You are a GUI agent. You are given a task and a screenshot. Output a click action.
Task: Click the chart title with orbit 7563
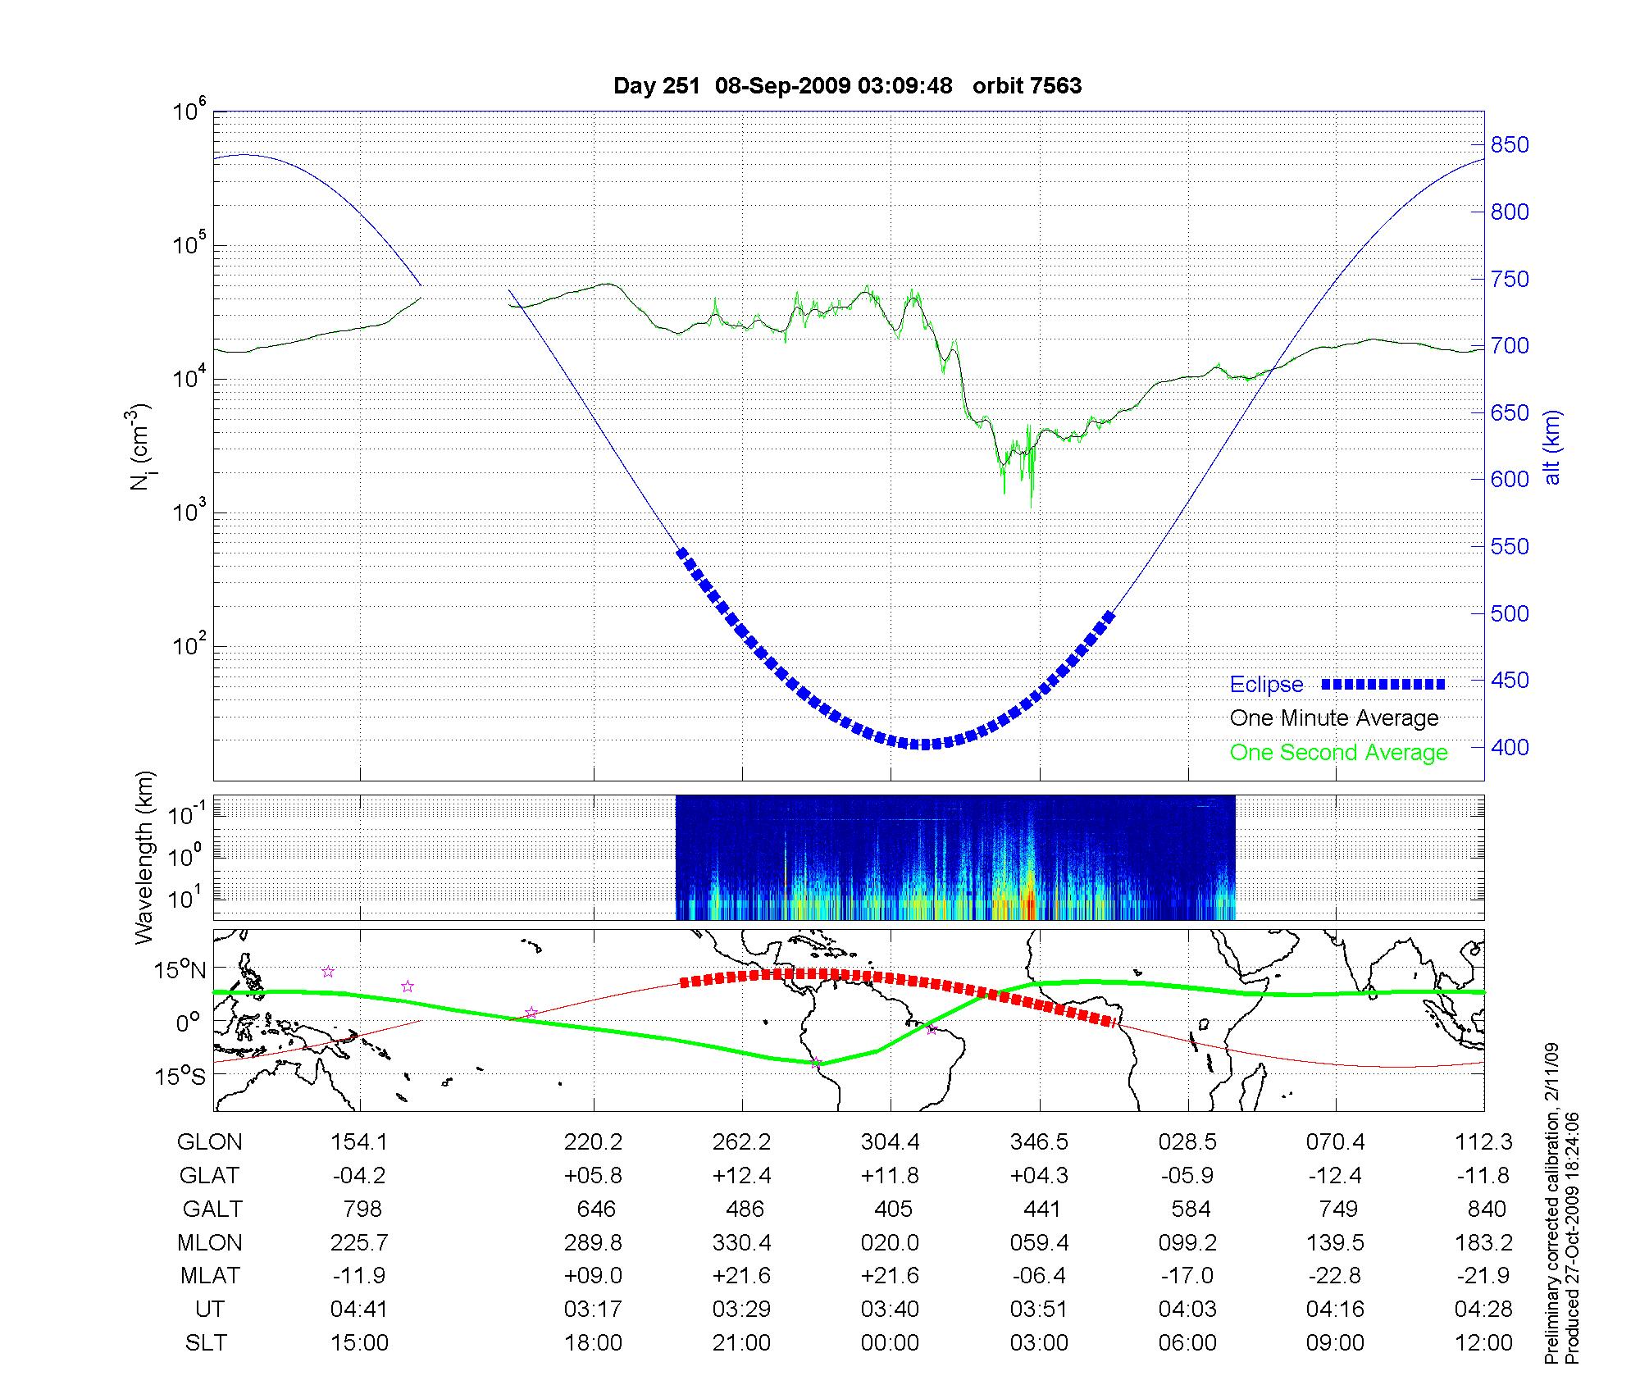coord(847,86)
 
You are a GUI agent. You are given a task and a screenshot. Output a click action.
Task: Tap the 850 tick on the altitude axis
coord(1510,145)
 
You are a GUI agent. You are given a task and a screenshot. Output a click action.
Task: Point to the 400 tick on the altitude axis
coord(1510,747)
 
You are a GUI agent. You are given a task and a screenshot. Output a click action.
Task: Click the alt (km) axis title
coord(1552,447)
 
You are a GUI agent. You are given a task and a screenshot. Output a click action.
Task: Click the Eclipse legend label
coord(1266,685)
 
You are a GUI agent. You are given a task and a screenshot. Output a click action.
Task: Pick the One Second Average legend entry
coord(1338,753)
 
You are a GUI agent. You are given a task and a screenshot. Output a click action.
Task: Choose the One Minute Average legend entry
coord(1334,718)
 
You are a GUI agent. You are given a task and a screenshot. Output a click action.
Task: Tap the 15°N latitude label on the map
coord(180,971)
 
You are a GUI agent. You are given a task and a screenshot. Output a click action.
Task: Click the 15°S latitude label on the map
coord(180,1076)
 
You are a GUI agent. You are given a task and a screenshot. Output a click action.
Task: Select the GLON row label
coord(209,1142)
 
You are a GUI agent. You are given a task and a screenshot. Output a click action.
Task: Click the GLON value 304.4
coord(890,1142)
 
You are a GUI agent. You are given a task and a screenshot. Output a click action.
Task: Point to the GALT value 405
coord(893,1209)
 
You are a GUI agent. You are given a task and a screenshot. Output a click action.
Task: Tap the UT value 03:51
coord(1039,1310)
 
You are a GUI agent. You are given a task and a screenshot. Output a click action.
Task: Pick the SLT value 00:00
coord(890,1343)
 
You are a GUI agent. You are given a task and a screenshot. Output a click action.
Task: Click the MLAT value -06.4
coord(1039,1276)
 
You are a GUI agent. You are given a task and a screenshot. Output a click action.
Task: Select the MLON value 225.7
coord(359,1243)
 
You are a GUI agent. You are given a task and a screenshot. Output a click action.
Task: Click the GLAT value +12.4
coord(742,1176)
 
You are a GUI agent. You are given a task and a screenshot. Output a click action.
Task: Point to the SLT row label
coord(206,1343)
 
